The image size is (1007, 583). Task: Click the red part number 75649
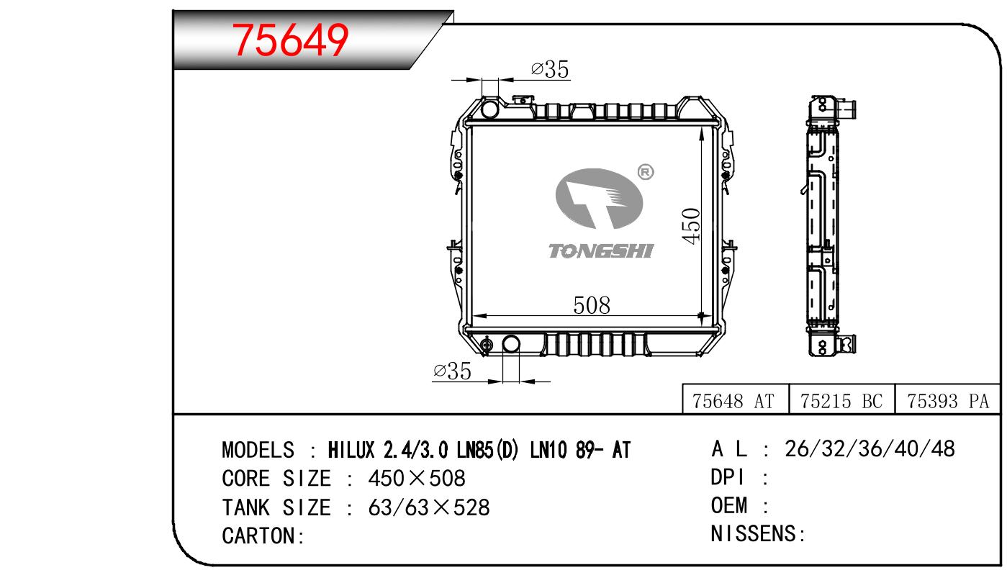pyautogui.click(x=290, y=40)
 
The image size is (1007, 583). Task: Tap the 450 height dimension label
pyautogui.click(x=690, y=226)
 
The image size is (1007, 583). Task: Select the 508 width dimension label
pyautogui.click(x=592, y=306)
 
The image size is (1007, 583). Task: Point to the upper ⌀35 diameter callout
pyautogui.click(x=550, y=70)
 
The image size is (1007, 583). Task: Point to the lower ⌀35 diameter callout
pyautogui.click(x=452, y=371)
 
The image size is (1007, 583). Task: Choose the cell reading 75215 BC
pyautogui.click(x=841, y=401)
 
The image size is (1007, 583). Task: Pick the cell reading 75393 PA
pyautogui.click(x=948, y=401)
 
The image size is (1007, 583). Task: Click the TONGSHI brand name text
pyautogui.click(x=601, y=251)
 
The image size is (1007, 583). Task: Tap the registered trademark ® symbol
pyautogui.click(x=646, y=172)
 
